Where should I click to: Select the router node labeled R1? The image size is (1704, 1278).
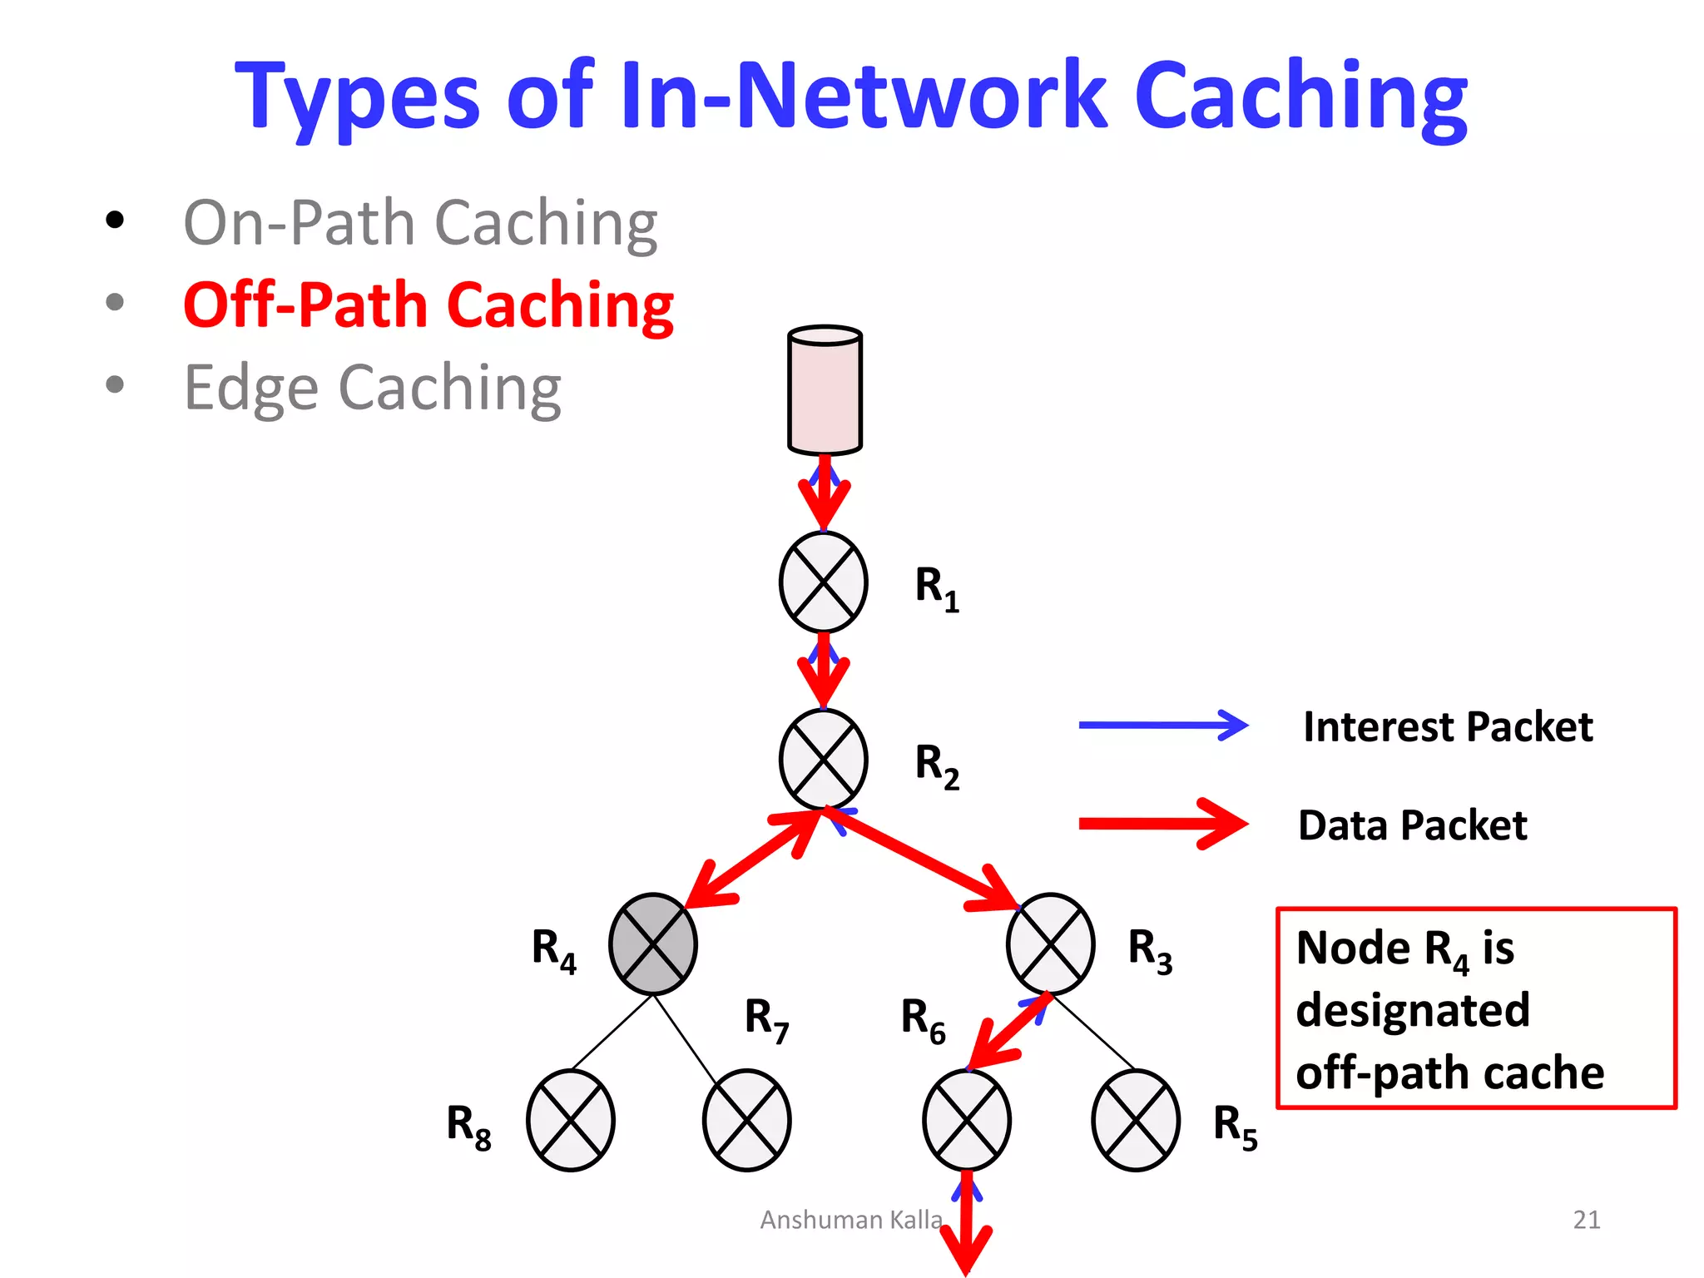tap(823, 582)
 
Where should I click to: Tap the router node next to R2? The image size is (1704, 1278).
tap(823, 759)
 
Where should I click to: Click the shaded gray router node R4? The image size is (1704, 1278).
tap(653, 944)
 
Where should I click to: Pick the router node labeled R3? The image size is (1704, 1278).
tap(1050, 944)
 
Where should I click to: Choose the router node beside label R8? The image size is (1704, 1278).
tap(571, 1120)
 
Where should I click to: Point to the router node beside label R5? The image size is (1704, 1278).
tap(1136, 1120)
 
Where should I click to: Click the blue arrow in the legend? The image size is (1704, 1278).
tap(1162, 726)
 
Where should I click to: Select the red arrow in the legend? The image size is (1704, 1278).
tap(1162, 824)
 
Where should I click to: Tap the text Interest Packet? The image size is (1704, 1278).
tap(1448, 727)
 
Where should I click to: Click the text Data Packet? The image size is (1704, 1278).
tap(1412, 825)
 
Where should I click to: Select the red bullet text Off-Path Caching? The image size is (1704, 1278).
tap(428, 305)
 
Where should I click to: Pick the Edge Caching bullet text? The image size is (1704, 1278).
tap(372, 388)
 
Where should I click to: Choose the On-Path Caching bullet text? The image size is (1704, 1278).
tap(420, 223)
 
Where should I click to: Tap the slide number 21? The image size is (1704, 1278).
tap(1586, 1220)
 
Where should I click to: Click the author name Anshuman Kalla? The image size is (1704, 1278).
tap(850, 1220)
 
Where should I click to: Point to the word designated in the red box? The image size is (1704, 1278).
tap(1413, 1010)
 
